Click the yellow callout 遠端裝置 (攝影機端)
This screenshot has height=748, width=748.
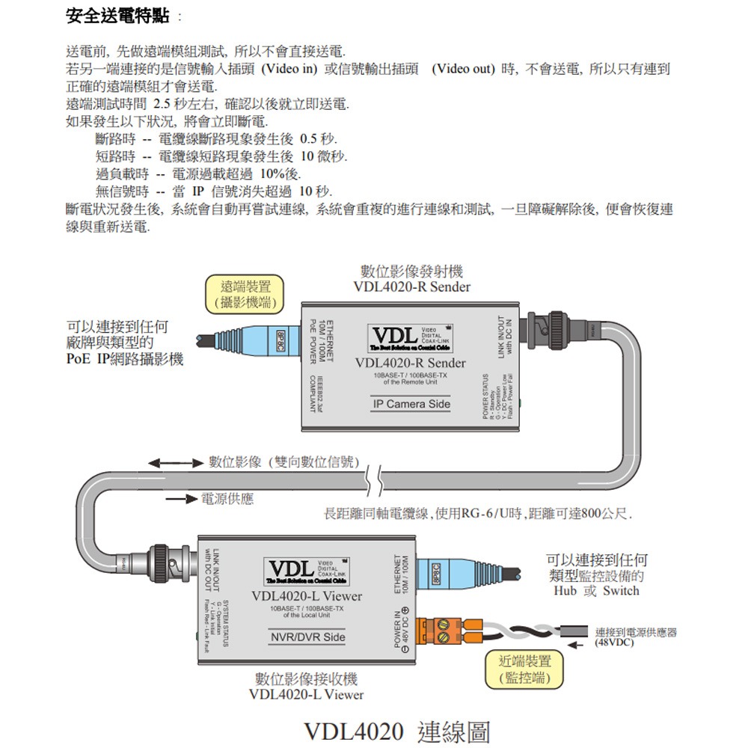(246, 294)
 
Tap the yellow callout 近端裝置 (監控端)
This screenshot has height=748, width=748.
(528, 669)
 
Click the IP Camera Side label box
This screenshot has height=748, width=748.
(411, 405)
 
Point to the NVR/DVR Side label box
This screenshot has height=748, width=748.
(307, 637)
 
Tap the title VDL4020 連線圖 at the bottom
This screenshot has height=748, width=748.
(396, 731)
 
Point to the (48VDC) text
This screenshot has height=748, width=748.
(615, 643)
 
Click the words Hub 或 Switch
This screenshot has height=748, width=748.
(597, 591)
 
